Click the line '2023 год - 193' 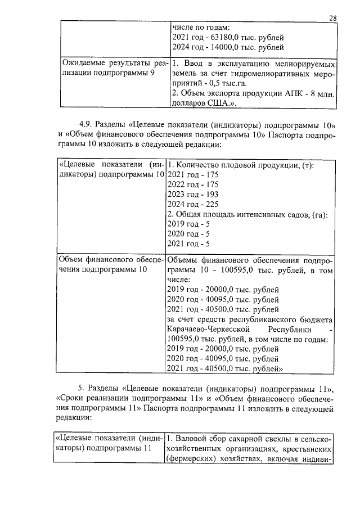click(193, 195)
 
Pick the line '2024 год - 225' click(193, 205)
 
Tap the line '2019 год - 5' click(189, 224)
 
